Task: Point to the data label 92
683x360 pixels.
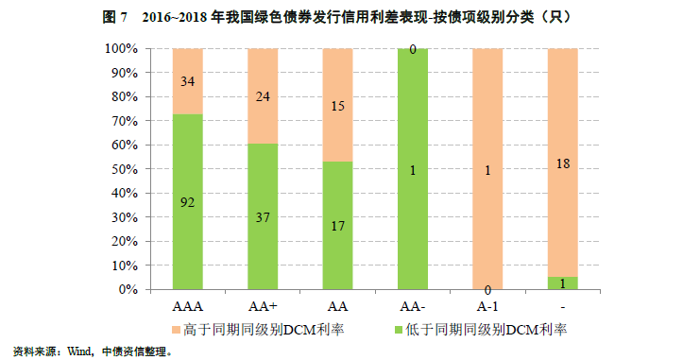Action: [187, 200]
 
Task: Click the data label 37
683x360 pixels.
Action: [262, 216]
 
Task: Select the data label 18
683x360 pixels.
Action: [562, 163]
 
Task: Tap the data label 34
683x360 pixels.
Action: [187, 81]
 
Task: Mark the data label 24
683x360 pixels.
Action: [262, 95]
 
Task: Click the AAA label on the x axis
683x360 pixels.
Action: [187, 307]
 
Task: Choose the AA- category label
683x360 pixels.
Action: [412, 307]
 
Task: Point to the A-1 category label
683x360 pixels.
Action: [487, 307]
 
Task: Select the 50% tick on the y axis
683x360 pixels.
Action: [126, 169]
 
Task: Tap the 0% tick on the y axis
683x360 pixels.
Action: [128, 289]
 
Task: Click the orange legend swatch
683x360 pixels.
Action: [176, 330]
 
